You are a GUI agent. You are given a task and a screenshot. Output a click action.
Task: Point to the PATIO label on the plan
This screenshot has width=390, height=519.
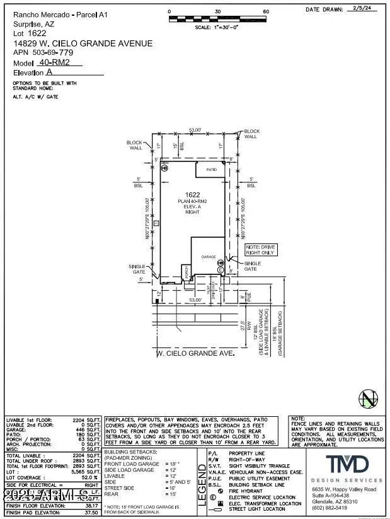212,170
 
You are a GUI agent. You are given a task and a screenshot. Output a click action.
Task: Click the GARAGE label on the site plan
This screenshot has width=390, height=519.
209,257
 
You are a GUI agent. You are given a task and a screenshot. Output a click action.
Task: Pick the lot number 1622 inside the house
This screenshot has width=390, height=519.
192,195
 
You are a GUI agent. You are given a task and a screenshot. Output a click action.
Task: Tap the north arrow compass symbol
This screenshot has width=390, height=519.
368,399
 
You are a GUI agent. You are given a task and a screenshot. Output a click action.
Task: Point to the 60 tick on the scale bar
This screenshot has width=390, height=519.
266,12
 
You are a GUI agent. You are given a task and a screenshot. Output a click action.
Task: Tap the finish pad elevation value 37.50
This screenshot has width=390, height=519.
92,512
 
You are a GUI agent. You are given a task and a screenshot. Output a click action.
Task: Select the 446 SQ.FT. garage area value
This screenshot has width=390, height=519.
88,429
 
